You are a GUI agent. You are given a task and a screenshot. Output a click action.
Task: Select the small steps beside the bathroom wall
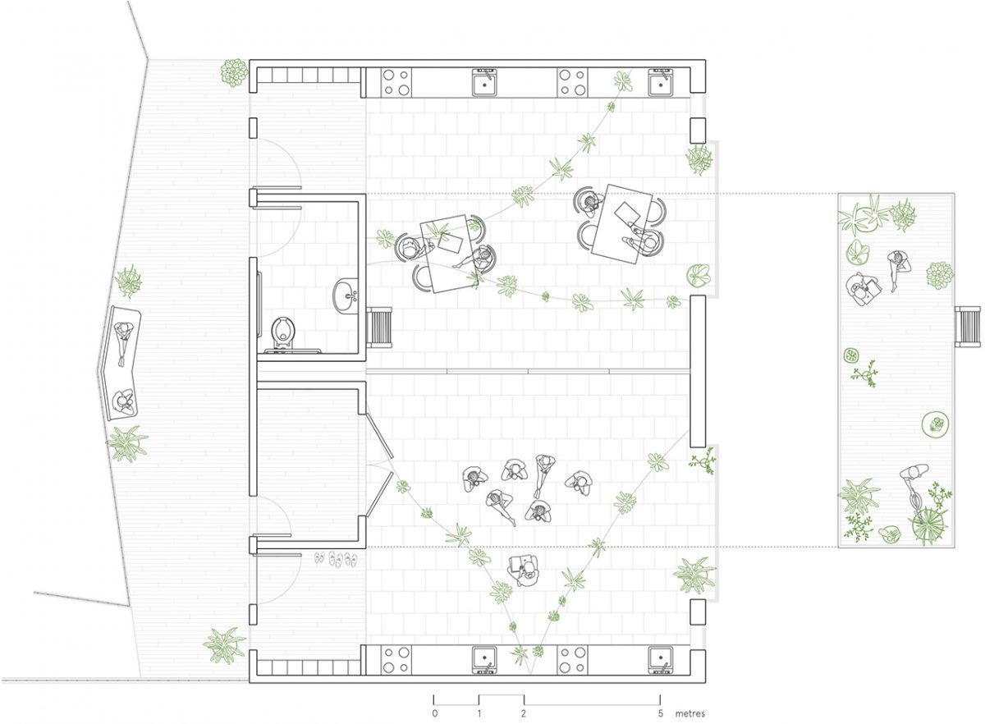(x=379, y=328)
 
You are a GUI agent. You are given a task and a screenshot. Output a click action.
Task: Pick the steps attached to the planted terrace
(x=968, y=327)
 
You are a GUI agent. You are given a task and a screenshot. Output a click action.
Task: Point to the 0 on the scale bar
(x=434, y=713)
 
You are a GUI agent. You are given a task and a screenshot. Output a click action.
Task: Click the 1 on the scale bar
(x=479, y=713)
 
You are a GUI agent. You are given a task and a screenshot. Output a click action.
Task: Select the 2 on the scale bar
(x=524, y=713)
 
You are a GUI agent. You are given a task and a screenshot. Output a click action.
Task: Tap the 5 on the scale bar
(x=660, y=713)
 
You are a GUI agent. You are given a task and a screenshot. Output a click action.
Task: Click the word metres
(x=690, y=713)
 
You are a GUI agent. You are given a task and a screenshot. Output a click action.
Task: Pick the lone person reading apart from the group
(x=524, y=570)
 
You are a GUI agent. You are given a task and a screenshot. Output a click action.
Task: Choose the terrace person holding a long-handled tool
(x=914, y=488)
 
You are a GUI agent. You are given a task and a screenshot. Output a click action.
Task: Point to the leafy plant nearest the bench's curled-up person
(x=127, y=443)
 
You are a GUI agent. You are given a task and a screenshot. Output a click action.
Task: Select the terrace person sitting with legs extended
(x=898, y=268)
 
